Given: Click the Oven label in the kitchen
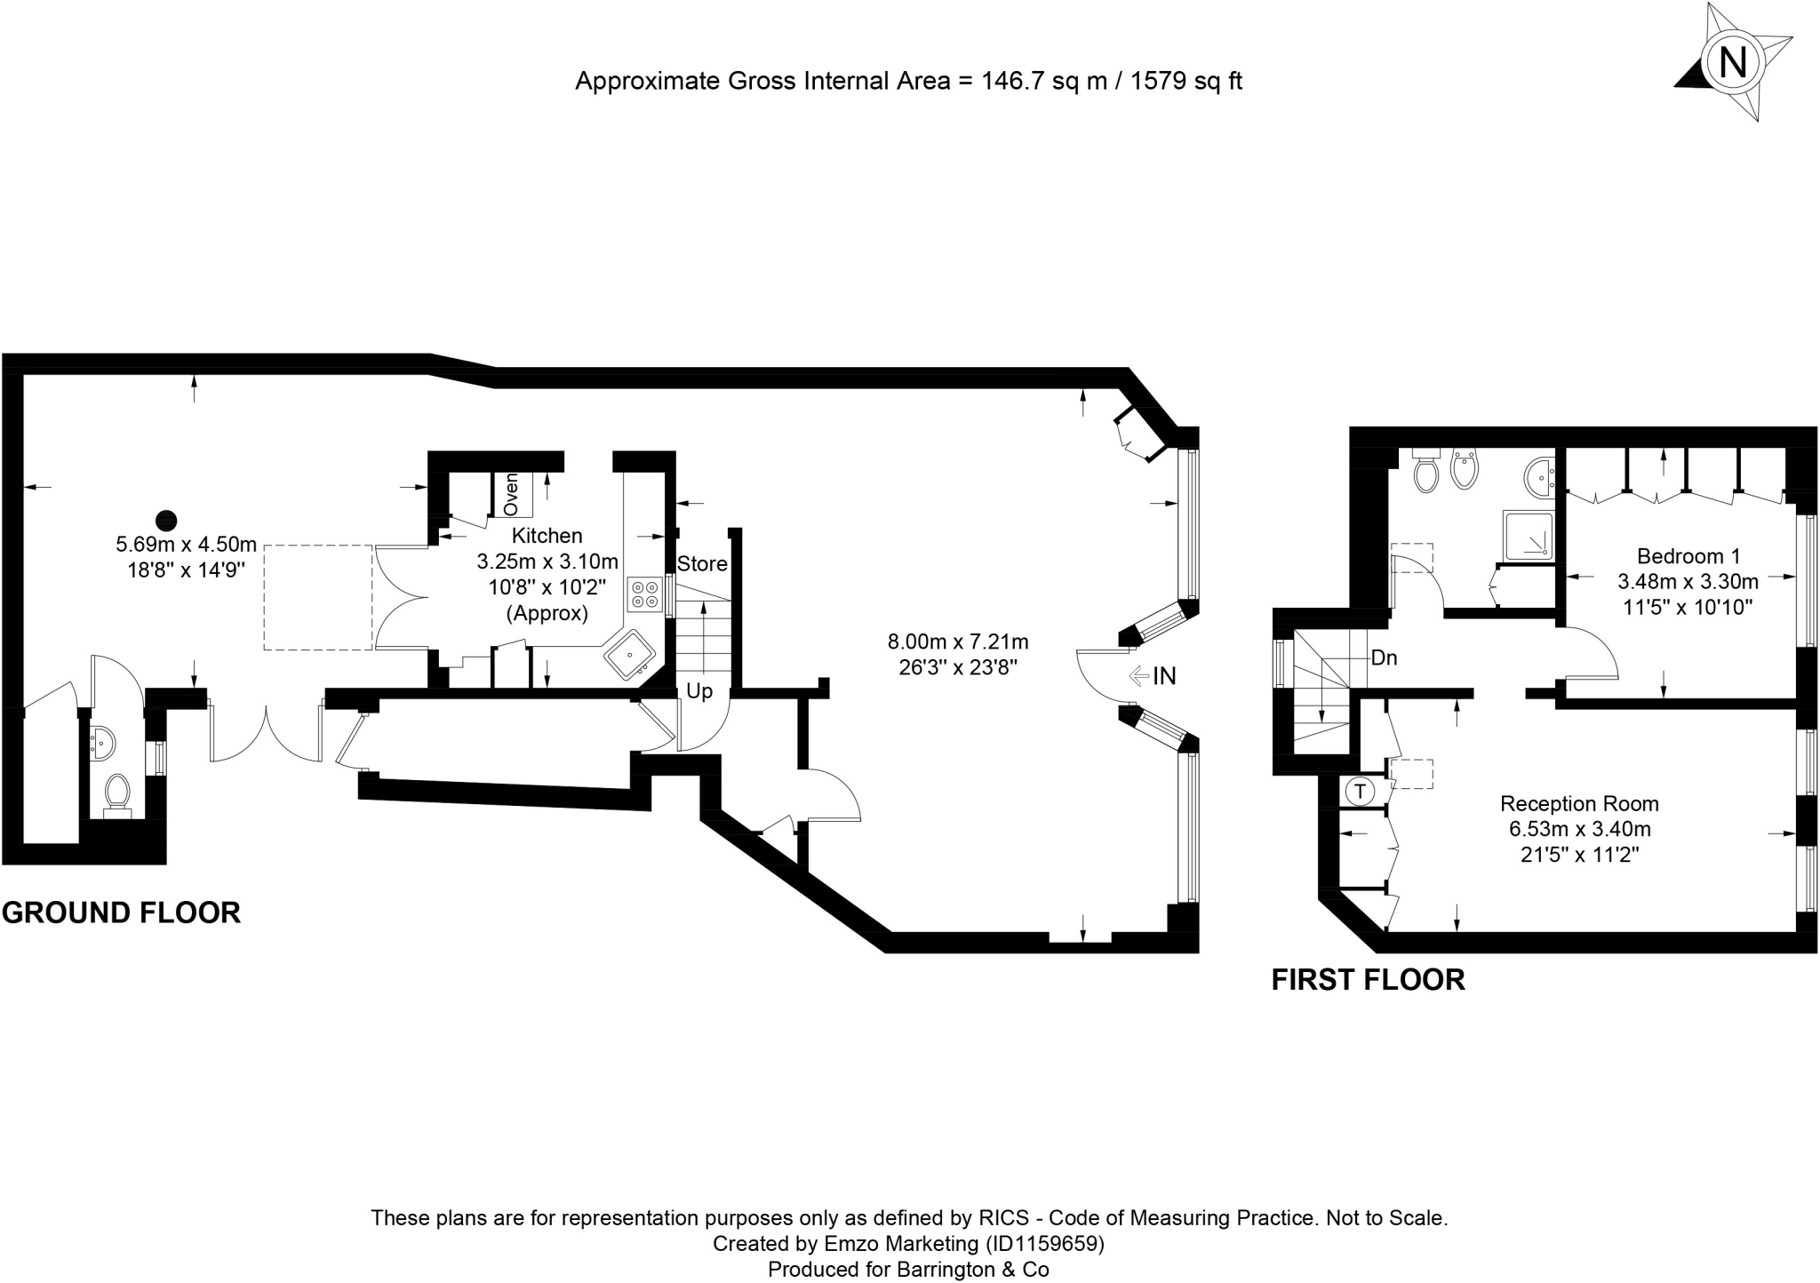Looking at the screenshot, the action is point(511,494).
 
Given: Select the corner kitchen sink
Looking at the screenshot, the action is point(631,655).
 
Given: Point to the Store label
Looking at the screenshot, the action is point(702,563).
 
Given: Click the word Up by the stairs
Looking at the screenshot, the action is point(699,691).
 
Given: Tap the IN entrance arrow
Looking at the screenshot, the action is point(1152,676).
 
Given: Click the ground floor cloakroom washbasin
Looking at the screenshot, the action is point(102,741).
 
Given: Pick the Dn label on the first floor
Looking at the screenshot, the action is point(1384,658).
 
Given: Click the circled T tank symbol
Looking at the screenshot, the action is point(1359,790).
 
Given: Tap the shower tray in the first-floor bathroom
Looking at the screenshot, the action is point(1529,536).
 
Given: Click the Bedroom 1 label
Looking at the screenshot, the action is point(1688,556).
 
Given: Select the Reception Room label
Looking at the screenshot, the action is point(1579,804).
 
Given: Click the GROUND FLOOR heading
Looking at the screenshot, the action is point(121,912).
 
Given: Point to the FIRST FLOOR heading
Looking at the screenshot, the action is point(1369,979).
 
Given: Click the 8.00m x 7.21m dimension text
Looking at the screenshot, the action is point(958,641).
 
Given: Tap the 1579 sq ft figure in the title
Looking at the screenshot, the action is point(1186,81).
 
